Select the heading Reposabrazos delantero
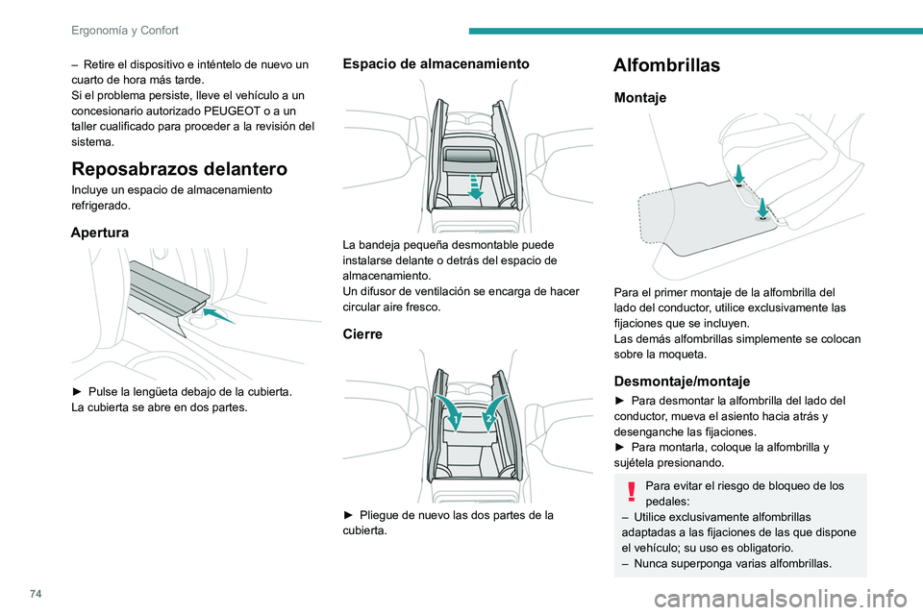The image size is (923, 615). click(x=179, y=169)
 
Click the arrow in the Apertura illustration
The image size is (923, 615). click(x=218, y=313)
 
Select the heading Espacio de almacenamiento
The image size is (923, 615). click(x=435, y=63)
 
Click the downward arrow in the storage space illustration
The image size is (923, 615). click(x=474, y=184)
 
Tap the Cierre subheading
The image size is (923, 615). click(x=362, y=333)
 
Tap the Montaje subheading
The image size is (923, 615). click(x=639, y=98)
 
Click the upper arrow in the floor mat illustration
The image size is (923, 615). click(x=736, y=173)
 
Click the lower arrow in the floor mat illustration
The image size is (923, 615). click(x=761, y=207)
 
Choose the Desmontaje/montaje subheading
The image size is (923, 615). click(x=682, y=381)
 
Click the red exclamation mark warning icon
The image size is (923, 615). click(x=631, y=493)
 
